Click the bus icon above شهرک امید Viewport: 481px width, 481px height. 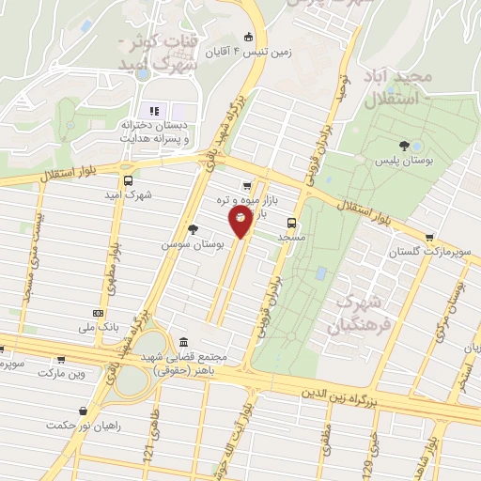click(x=128, y=181)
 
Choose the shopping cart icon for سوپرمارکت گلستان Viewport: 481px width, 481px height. click(x=429, y=238)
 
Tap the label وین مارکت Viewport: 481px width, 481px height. click(x=62, y=373)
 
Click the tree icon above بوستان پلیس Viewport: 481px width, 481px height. click(x=404, y=146)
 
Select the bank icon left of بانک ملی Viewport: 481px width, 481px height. click(x=98, y=313)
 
